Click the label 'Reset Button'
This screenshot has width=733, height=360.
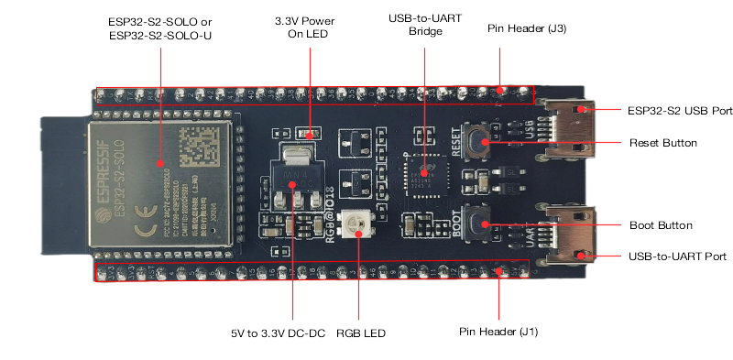pos(663,144)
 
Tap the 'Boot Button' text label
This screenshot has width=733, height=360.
pos(660,224)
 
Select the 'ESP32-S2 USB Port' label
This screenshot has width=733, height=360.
pos(679,111)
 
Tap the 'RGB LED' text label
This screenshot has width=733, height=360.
pos(361,333)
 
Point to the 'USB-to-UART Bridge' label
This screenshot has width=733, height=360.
pos(422,24)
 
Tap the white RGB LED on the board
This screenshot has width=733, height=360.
pos(353,221)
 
